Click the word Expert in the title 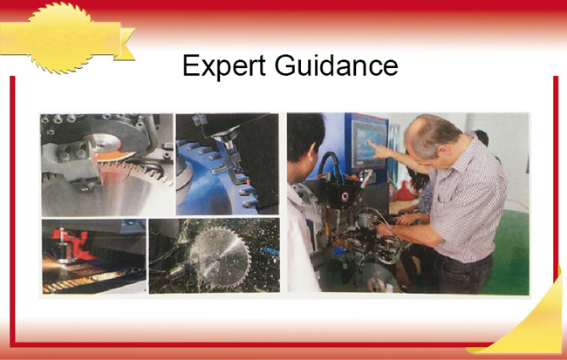click(x=224, y=65)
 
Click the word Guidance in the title click(x=337, y=65)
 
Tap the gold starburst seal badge click(x=60, y=37)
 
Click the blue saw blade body click(x=202, y=192)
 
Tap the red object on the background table click(x=404, y=193)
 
